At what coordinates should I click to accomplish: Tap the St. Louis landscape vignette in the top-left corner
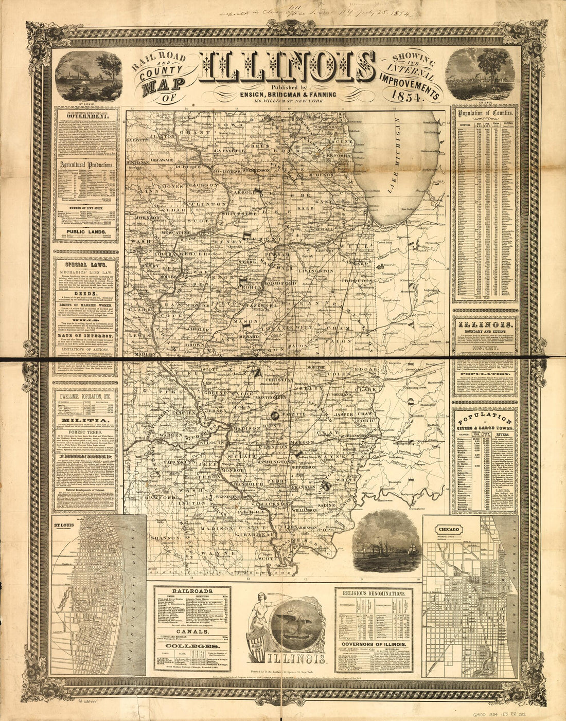tap(85, 77)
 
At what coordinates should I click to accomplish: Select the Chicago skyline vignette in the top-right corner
tap(479, 77)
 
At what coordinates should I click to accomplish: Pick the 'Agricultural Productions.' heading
tap(86, 165)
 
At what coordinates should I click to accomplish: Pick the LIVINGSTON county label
tap(314, 271)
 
